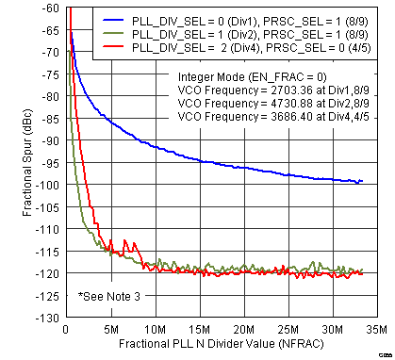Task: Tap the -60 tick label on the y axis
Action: pyautogui.click(x=46, y=8)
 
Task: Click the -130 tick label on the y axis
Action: pyautogui.click(x=43, y=318)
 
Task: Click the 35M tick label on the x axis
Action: pyautogui.click(x=376, y=330)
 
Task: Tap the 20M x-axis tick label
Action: pyautogui.click(x=242, y=330)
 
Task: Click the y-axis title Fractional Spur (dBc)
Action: pyautogui.click(x=14, y=163)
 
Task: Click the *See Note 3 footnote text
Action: pyautogui.click(x=111, y=297)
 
